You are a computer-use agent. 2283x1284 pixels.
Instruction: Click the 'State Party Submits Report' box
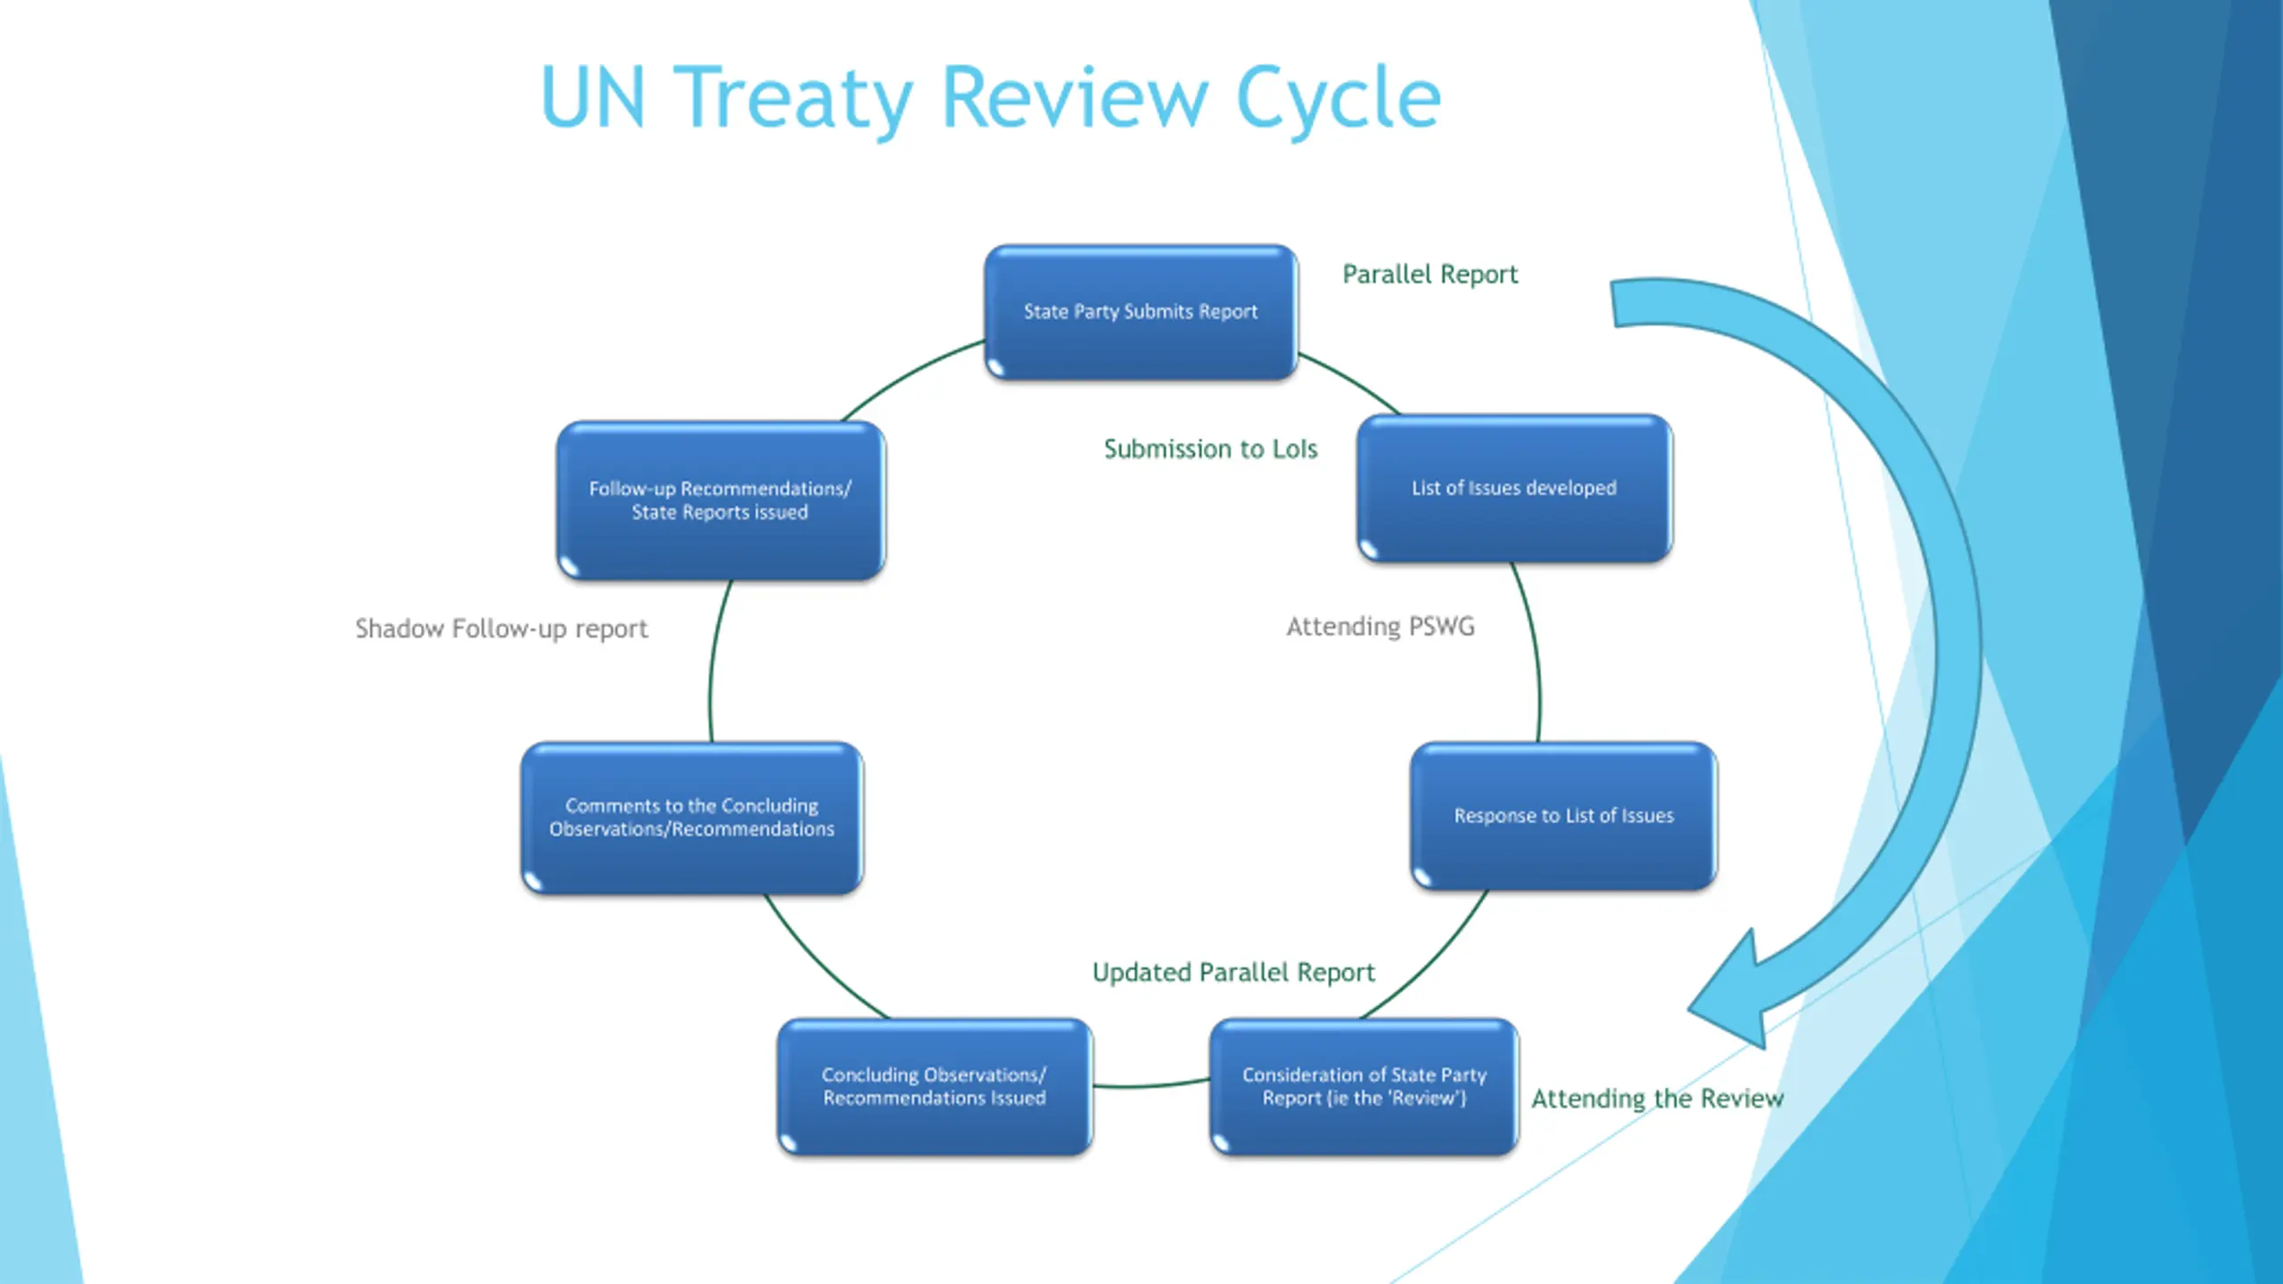1141,312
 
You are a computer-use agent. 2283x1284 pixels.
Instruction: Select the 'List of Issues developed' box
1514,488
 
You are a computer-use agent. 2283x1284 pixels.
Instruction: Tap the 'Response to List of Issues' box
1563,816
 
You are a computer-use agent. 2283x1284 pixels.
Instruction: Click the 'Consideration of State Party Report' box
1364,1087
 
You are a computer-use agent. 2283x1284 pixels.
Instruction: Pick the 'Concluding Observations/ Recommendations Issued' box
934,1087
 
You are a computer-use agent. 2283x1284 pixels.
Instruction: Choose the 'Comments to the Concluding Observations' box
692,818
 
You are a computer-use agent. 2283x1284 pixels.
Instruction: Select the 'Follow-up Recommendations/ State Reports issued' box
721,500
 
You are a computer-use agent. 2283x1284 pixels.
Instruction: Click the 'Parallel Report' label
1430,274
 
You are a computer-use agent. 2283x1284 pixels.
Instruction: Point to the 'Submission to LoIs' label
1210,449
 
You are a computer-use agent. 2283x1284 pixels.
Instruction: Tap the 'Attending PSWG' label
1380,627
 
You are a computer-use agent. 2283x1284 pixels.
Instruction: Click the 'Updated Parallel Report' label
1233,972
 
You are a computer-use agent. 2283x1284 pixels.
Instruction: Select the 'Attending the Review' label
1657,1099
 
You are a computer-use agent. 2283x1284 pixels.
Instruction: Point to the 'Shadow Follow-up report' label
501,629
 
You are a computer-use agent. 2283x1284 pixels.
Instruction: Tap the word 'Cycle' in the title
1338,98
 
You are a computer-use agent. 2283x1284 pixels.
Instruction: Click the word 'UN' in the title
592,98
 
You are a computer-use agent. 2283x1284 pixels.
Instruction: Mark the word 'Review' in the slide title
1075,98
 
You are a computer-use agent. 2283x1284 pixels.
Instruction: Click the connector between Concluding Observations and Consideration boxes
1150,1085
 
